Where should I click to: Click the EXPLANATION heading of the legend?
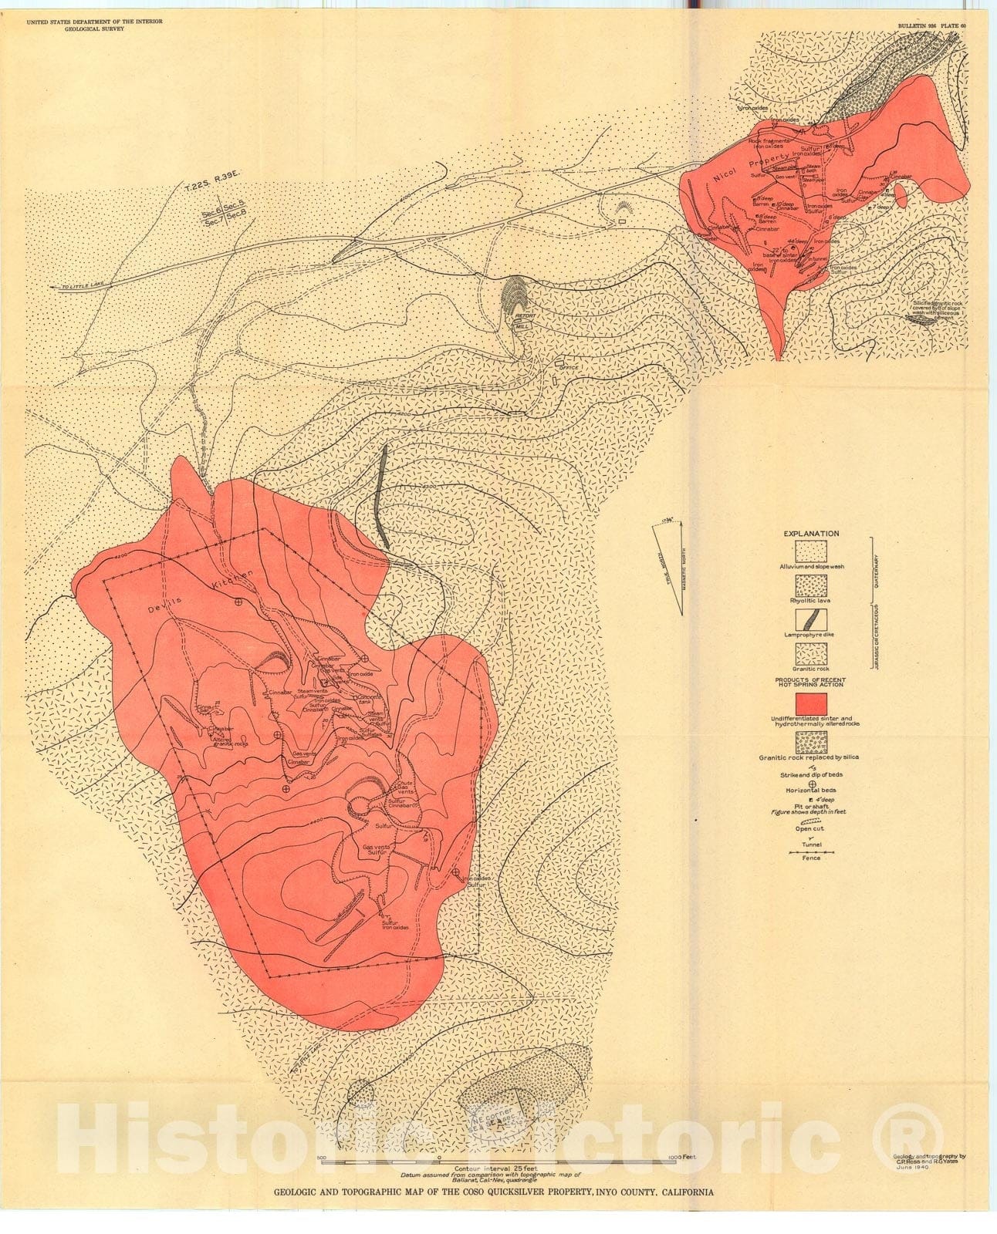pyautogui.click(x=811, y=533)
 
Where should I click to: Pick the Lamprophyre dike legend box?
pyautogui.click(x=811, y=619)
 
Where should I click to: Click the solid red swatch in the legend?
pyautogui.click(x=811, y=703)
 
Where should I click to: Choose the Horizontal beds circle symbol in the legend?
pyautogui.click(x=811, y=784)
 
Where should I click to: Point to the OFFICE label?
pyautogui.click(x=568, y=367)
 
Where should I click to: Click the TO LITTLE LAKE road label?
pyautogui.click(x=85, y=287)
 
